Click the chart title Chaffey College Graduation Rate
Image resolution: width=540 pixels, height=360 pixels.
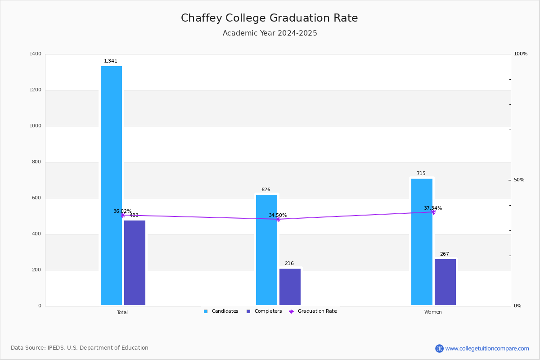click(x=269, y=18)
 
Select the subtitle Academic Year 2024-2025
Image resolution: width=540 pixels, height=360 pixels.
click(x=270, y=33)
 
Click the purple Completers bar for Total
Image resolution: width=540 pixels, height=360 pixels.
click(x=135, y=263)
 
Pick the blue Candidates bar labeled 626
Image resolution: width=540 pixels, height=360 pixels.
click(x=266, y=250)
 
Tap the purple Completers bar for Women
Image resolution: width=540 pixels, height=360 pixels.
click(x=445, y=282)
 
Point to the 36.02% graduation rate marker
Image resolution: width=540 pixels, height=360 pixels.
click(x=122, y=215)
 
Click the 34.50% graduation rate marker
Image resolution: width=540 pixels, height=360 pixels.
click(x=278, y=219)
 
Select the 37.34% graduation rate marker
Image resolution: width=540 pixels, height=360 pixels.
click(x=433, y=212)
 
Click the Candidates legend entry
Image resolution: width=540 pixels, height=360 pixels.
click(x=221, y=311)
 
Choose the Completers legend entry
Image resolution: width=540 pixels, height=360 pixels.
click(x=264, y=311)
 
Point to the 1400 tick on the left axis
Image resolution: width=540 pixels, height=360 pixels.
click(x=36, y=54)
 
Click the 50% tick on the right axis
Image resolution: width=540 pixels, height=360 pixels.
click(x=519, y=180)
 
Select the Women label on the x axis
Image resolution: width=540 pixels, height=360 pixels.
click(x=433, y=312)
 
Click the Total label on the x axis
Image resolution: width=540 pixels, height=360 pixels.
click(x=122, y=312)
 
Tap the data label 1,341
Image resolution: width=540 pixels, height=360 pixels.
click(x=111, y=61)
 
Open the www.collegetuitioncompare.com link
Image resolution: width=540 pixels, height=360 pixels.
click(x=487, y=348)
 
